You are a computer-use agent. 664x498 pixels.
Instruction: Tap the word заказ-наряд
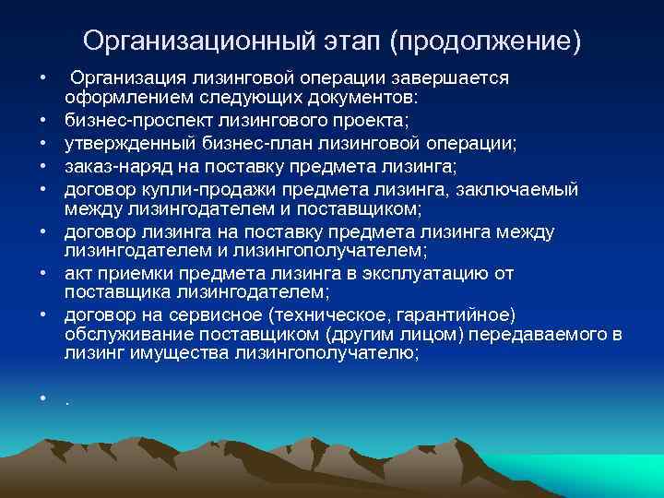110,166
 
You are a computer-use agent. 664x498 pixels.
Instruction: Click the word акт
77,274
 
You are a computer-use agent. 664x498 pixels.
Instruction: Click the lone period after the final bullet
67,398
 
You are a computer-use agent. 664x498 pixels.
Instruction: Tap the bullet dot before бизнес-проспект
43,120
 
